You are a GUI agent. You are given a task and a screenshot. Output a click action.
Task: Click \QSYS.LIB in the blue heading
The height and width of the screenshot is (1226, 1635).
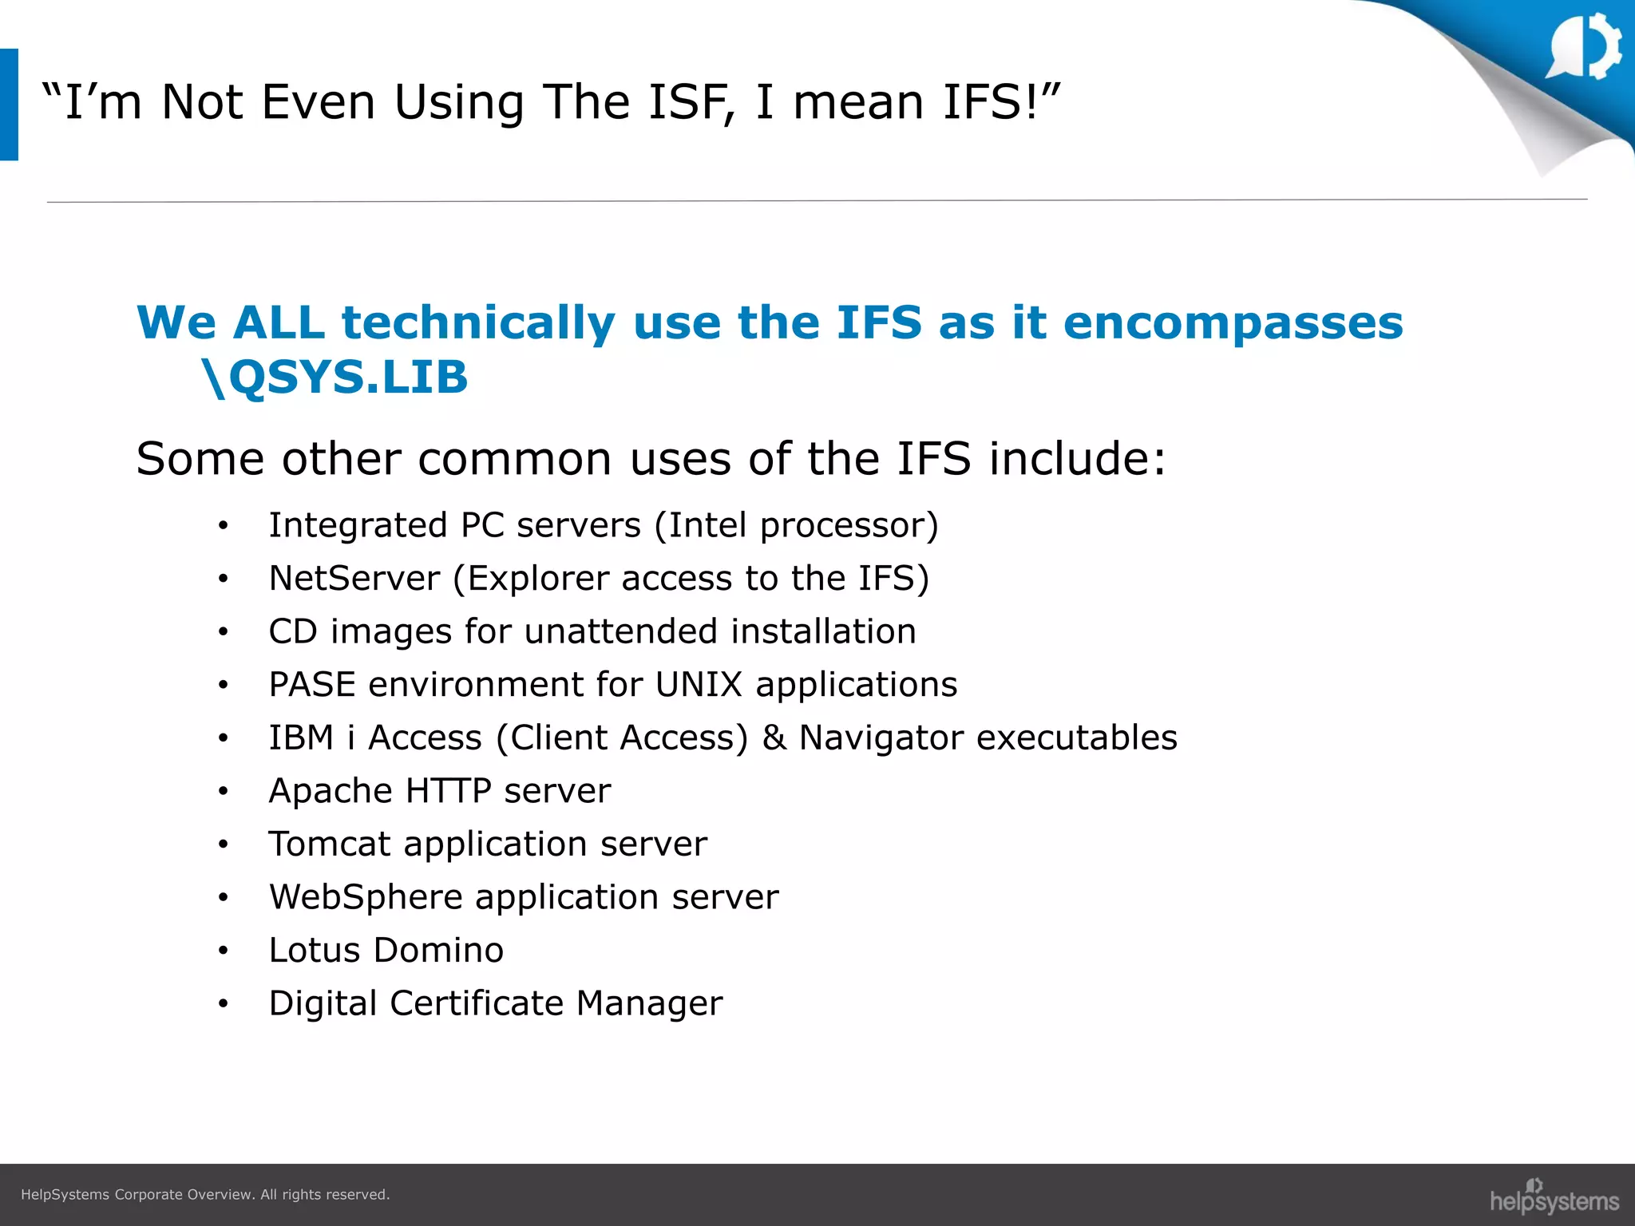[335, 378]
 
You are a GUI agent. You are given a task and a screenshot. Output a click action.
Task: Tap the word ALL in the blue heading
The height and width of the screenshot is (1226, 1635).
[279, 322]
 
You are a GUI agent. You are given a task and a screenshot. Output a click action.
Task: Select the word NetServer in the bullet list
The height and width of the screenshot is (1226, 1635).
[354, 579]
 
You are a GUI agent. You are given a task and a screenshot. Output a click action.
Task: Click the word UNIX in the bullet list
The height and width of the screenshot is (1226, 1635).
[699, 685]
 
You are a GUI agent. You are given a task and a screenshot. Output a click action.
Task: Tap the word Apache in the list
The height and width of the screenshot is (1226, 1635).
[331, 791]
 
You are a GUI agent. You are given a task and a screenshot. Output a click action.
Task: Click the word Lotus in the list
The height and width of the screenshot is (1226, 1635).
[315, 951]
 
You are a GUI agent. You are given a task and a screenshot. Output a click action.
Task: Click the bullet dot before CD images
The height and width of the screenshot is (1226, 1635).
[224, 632]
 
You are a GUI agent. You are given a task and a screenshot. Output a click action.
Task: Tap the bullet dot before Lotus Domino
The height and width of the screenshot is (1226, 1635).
[224, 951]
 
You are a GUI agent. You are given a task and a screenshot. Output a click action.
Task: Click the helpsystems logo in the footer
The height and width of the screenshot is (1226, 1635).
[1554, 1197]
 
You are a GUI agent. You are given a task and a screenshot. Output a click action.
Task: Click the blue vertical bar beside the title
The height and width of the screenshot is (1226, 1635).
[9, 105]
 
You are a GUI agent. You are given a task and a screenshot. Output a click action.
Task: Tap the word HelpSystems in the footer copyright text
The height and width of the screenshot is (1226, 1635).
[65, 1195]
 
